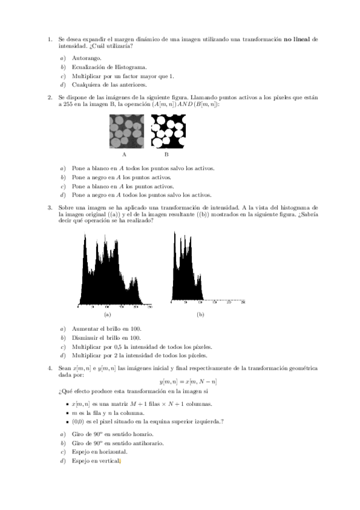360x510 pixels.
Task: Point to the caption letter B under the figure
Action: tap(166, 155)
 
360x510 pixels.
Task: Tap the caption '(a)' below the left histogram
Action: tap(107, 315)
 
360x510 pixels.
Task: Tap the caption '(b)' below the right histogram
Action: tap(200, 315)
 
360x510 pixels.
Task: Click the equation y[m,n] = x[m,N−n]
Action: tap(189, 381)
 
